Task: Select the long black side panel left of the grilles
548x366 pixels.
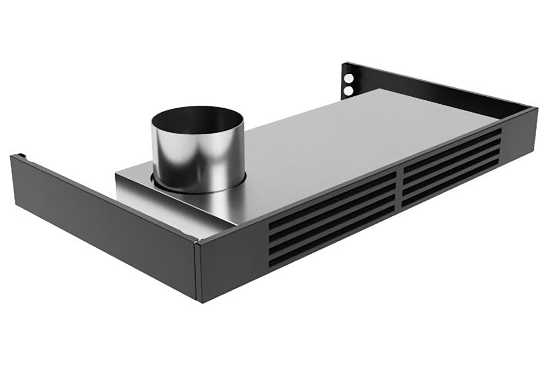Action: coord(102,220)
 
